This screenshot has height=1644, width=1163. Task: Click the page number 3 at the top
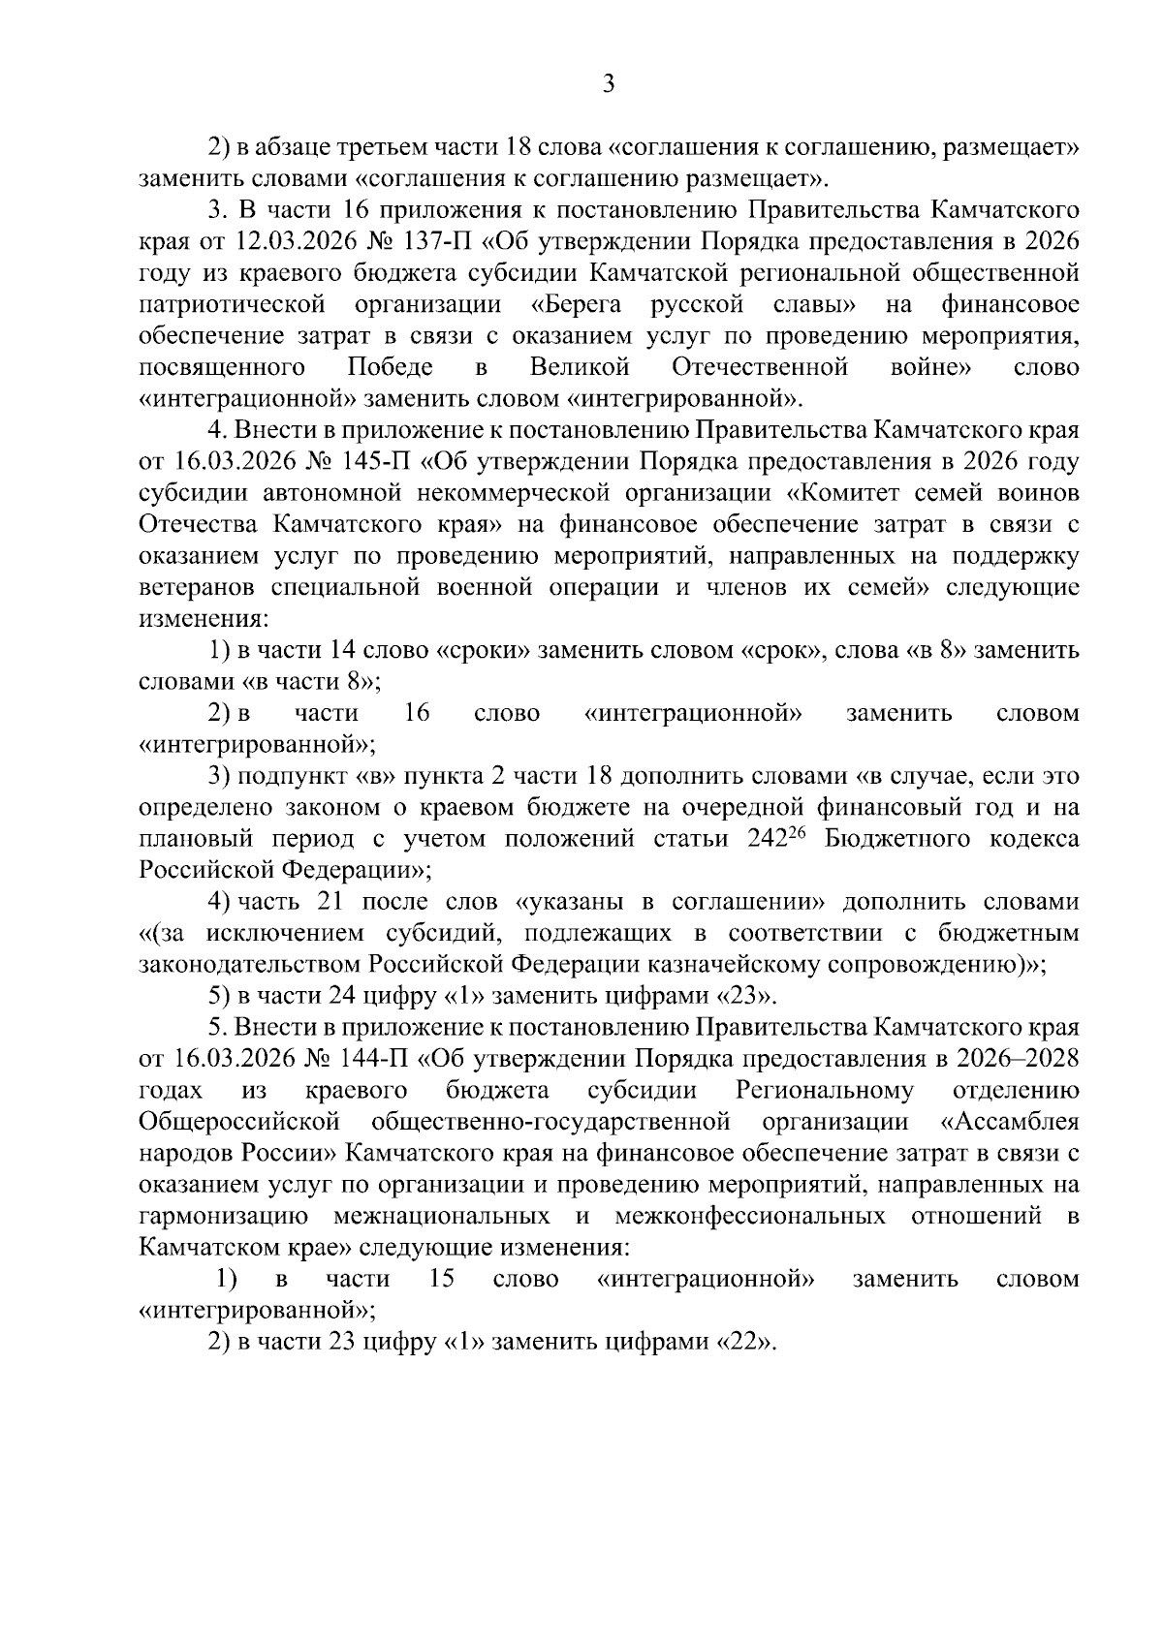[x=609, y=85]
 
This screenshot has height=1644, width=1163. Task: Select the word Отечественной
[x=759, y=368]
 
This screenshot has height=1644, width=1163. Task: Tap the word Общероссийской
[x=239, y=1122]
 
